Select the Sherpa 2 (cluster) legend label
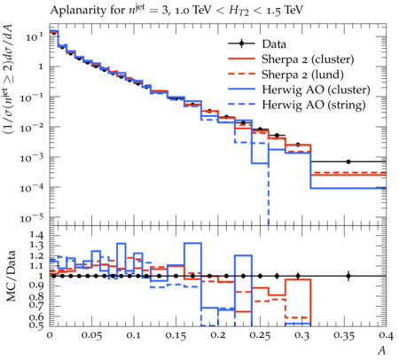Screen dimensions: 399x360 308,59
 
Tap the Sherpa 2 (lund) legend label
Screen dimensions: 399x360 302,74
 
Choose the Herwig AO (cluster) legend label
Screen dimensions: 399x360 316,90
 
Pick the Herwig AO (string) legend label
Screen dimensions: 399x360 314,105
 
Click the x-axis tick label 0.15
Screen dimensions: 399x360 176,335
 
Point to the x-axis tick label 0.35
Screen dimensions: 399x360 344,335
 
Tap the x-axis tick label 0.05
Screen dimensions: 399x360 91,335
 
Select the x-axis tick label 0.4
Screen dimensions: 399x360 386,335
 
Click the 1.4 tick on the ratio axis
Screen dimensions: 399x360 36,236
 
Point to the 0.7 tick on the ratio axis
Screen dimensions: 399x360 36,304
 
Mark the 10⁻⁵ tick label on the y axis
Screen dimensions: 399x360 32,218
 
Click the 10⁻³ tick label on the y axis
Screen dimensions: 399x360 32,158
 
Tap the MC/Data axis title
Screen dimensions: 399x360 12,276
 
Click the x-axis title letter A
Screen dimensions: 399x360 382,350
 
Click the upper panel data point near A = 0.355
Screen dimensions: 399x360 348,161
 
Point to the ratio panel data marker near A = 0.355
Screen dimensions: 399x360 348,276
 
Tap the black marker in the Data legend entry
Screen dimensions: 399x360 242,43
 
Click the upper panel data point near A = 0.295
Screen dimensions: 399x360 298,145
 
